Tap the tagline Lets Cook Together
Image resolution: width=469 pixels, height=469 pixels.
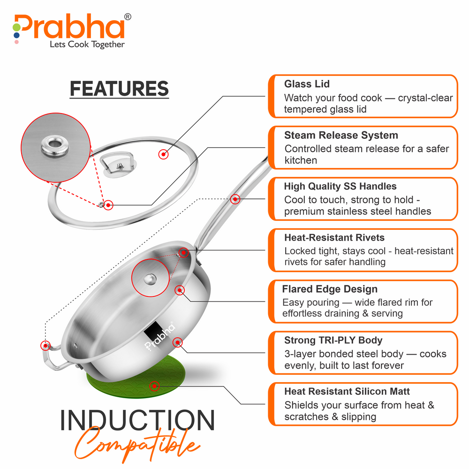87,44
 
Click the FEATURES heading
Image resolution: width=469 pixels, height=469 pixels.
119,89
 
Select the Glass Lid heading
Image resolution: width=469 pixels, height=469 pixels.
307,84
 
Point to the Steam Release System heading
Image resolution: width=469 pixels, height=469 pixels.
341,135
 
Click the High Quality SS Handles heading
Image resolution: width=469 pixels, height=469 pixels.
340,186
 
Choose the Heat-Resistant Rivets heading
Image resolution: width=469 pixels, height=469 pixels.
334,237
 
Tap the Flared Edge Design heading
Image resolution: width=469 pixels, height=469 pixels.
330,289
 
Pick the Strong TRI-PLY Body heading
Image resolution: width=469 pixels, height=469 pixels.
333,340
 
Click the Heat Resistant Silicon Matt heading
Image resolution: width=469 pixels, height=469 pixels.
347,391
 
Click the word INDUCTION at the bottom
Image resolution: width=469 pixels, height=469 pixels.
137,420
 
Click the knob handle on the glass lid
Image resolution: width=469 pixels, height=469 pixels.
119,165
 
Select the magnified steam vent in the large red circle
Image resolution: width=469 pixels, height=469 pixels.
55,146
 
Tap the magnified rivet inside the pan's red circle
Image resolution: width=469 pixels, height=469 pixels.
150,280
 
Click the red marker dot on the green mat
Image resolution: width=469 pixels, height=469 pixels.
154,386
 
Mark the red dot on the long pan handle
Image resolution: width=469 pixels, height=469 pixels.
235,199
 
